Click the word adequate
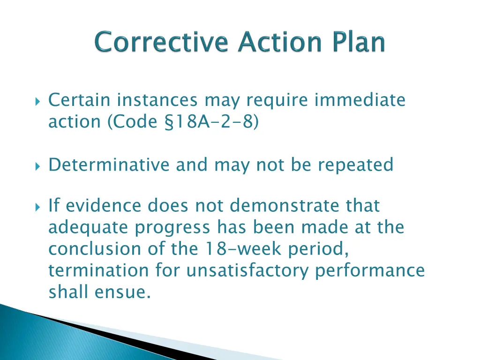point(89,228)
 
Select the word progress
point(172,228)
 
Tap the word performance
point(370,270)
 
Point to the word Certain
point(80,100)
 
